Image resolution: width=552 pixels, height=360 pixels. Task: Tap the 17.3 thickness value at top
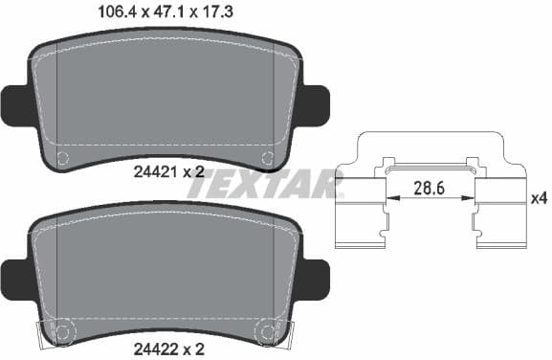[x=226, y=12]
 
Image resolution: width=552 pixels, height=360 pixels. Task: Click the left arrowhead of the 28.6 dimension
[x=387, y=198]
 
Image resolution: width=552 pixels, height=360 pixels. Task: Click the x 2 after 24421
[x=194, y=172]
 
